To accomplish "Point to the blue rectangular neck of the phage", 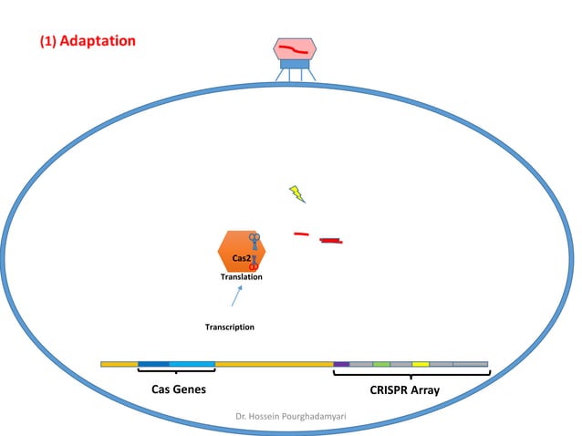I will click(x=295, y=65).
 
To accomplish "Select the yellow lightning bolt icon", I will click(x=297, y=193).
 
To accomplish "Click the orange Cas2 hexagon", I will click(x=235, y=248).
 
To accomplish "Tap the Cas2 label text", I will click(x=241, y=259).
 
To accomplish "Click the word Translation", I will click(x=242, y=276).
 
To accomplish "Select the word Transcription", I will click(x=229, y=327).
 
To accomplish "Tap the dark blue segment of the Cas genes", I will click(x=153, y=364).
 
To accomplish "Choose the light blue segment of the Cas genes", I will click(x=192, y=364).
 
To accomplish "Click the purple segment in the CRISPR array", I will click(x=341, y=364).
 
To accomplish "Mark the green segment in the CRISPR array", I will click(x=381, y=364).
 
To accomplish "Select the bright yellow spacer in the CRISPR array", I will click(x=421, y=364).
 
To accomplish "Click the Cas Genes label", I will click(x=178, y=390).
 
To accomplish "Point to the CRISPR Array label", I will click(x=405, y=390).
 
